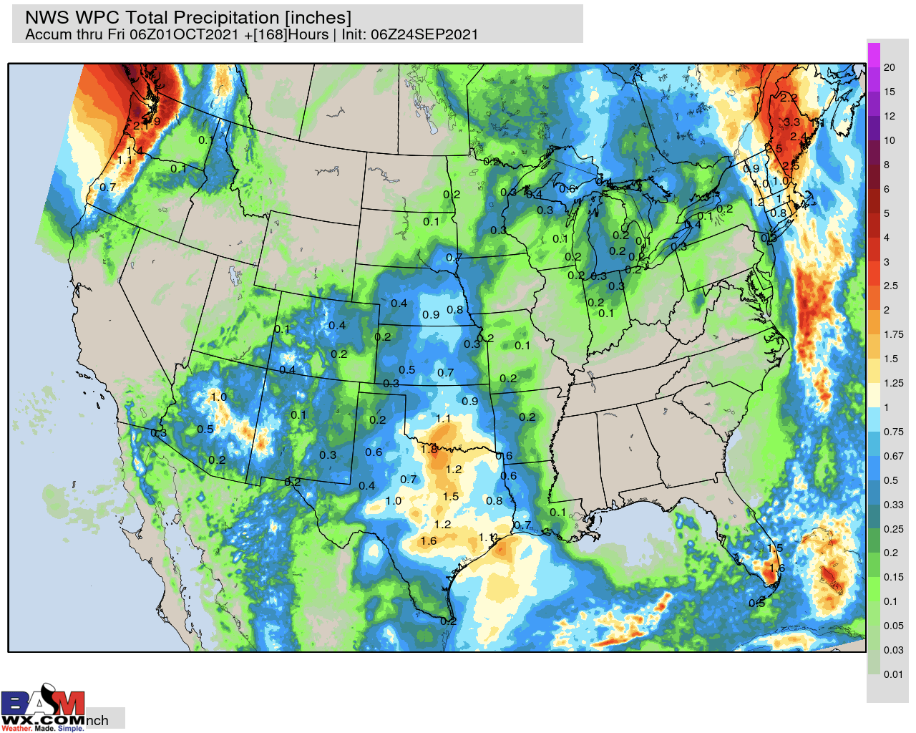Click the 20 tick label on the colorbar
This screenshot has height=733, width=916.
coord(889,67)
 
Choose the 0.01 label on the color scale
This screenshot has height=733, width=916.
coord(892,674)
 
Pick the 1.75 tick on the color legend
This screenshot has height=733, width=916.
coord(893,334)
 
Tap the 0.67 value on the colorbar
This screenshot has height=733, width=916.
coord(893,456)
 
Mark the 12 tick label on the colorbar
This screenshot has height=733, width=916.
coord(889,116)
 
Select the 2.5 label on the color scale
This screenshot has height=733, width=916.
coord(890,286)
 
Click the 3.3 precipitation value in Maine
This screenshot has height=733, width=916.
coord(791,122)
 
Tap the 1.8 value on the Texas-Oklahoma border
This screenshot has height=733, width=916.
coord(429,450)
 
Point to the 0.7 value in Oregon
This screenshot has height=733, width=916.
coord(107,188)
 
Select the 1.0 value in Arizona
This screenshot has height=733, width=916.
coord(218,397)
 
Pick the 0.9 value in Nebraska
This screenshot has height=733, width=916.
coord(431,315)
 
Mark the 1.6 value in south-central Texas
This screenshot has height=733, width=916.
coord(429,541)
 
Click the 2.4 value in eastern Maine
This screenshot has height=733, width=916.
coord(798,137)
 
